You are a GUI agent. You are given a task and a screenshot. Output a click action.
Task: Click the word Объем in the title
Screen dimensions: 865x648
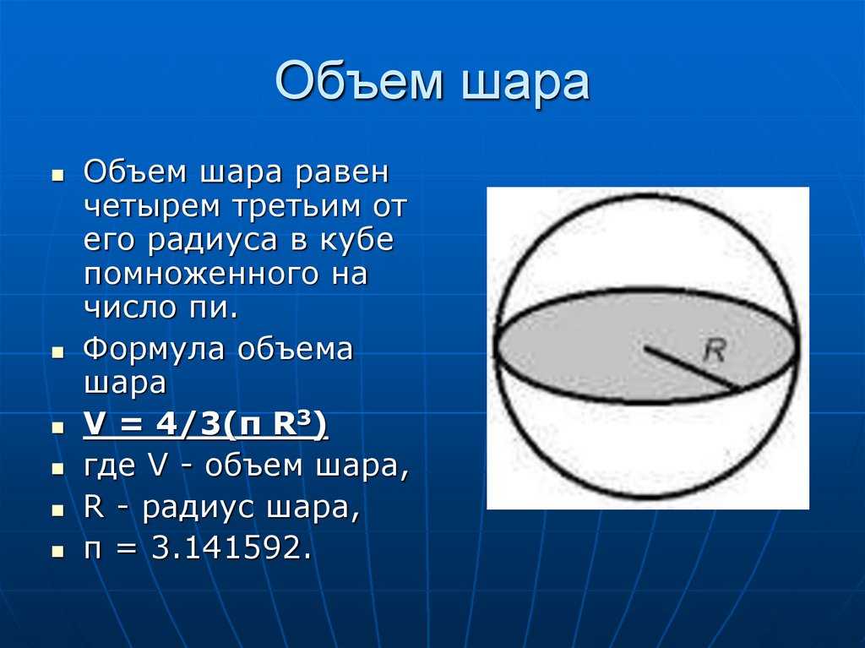359,82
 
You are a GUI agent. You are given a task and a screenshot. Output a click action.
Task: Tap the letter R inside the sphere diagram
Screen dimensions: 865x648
715,350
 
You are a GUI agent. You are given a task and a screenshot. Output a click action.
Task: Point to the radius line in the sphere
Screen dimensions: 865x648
692,368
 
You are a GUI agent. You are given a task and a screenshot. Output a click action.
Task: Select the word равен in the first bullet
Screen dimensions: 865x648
343,173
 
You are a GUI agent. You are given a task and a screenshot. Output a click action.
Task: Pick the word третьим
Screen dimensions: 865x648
296,207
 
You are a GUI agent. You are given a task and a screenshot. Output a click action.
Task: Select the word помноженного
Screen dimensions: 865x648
201,275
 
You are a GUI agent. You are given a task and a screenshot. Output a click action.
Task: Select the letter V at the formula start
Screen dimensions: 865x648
95,426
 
